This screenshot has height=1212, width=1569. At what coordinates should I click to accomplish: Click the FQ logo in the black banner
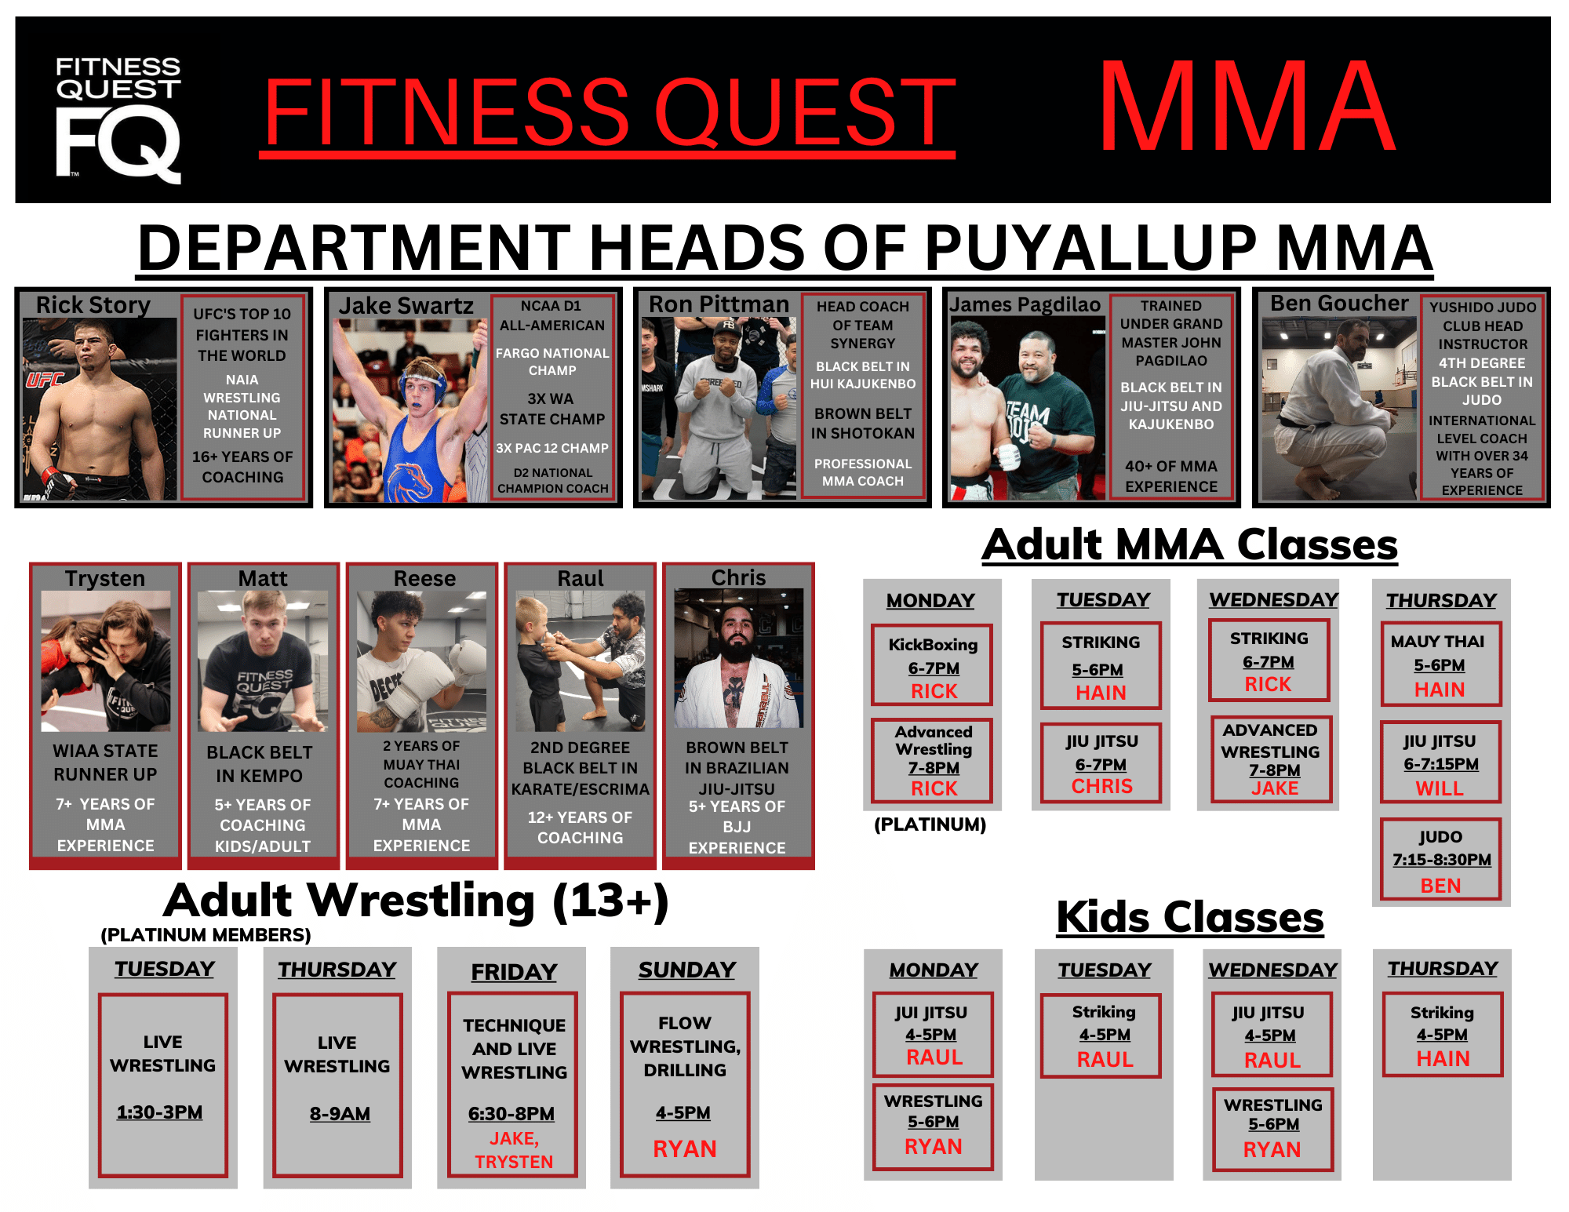(118, 120)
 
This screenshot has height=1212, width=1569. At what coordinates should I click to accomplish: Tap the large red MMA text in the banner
(1247, 107)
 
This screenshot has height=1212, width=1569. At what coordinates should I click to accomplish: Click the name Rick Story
(93, 304)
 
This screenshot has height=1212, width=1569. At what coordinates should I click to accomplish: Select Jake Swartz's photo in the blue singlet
(410, 410)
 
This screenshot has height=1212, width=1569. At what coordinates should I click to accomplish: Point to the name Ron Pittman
(719, 304)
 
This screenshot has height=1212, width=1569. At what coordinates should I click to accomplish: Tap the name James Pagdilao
(1025, 304)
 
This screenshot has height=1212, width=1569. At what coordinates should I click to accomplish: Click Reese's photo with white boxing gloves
(422, 661)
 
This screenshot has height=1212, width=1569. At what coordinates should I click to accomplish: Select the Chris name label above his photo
(738, 577)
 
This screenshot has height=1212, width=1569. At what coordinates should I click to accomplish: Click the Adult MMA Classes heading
(1189, 544)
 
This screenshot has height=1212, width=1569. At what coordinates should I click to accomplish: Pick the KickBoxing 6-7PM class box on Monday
(933, 664)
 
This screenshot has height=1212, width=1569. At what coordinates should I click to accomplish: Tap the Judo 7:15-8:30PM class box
(1441, 860)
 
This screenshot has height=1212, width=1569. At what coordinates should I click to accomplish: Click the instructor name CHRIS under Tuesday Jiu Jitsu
(1102, 786)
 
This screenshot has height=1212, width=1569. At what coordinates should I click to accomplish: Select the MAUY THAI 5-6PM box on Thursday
(1440, 664)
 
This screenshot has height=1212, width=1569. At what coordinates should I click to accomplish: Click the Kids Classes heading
(1190, 916)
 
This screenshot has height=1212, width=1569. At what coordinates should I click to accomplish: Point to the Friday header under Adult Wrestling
(514, 971)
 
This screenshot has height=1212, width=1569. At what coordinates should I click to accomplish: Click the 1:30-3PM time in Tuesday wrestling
(160, 1112)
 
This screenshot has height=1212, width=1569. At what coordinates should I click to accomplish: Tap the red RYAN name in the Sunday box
(685, 1149)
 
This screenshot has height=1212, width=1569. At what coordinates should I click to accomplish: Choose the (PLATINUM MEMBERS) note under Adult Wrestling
(206, 935)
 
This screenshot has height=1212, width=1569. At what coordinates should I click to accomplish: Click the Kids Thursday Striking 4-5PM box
(1443, 1035)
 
